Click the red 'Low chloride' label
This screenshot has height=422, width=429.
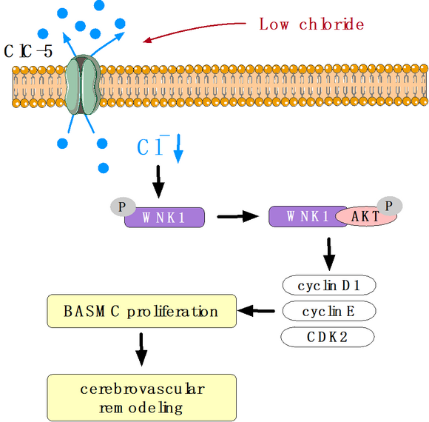click(311, 24)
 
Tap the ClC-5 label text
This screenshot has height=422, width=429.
click(28, 51)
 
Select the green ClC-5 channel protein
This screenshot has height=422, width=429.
click(83, 84)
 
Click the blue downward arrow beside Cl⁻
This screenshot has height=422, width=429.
click(178, 148)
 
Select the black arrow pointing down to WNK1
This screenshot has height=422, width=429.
click(158, 181)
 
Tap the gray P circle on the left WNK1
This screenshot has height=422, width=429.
click(123, 207)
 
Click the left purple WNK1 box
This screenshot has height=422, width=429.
click(165, 218)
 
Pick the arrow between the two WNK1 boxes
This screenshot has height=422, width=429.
click(237, 216)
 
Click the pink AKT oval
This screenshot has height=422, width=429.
click(366, 216)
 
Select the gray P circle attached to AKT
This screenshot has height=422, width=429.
click(390, 206)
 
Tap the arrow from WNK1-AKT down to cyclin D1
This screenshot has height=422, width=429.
click(329, 254)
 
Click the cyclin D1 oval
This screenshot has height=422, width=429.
click(329, 285)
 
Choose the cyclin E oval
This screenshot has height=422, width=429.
click(329, 311)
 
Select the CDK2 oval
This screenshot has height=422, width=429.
click(328, 337)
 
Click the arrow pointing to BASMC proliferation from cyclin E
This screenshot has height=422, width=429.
click(256, 311)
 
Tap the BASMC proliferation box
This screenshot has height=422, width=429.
click(142, 311)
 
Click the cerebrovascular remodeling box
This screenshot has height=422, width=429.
click(142, 398)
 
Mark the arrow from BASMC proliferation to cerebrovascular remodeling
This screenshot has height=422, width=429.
click(141, 349)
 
